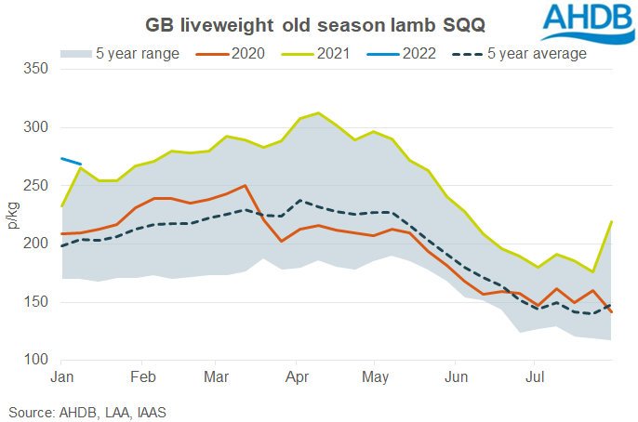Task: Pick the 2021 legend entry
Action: (x=312, y=53)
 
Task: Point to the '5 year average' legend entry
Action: (x=521, y=53)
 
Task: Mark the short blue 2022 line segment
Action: (x=72, y=162)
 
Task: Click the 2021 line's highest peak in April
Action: (x=318, y=113)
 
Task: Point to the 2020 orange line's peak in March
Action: (x=245, y=186)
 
